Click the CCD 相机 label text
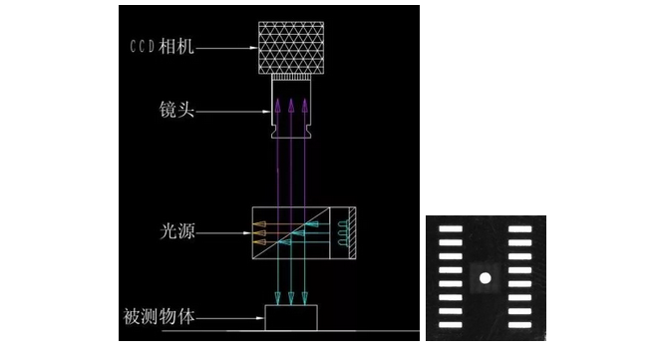point(162,47)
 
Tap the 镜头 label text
point(176,110)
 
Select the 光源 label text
point(177,231)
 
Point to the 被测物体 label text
point(160,316)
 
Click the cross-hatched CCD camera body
point(291,48)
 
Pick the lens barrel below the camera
point(291,109)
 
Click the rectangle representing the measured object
point(291,317)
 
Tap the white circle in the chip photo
point(486,278)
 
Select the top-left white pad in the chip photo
point(451,229)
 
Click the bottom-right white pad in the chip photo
point(519,325)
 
